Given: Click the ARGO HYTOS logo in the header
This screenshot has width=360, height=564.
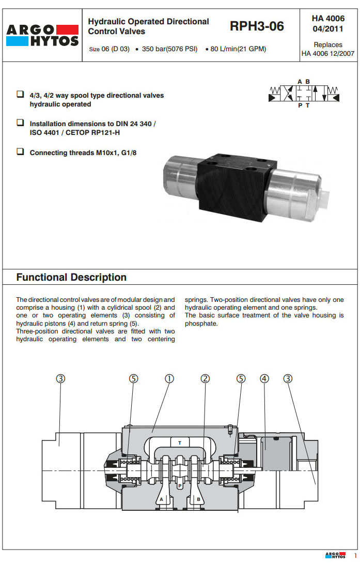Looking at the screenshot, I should click(42, 35).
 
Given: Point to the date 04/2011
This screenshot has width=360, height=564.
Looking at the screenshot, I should click(328, 29).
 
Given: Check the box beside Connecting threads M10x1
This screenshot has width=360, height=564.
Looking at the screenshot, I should click(20, 152).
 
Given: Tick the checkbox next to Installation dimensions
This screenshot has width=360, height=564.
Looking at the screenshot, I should click(20, 124).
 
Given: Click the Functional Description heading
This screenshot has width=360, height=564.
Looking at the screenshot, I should click(71, 277).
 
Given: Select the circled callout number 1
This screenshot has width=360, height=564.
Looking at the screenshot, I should click(169, 378).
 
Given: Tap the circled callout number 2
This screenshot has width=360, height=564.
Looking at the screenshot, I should click(205, 378).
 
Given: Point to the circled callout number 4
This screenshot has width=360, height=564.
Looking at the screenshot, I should click(264, 378).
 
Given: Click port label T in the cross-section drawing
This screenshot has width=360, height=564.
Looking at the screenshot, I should click(180, 443).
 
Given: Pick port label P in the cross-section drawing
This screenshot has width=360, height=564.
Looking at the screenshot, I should click(179, 486).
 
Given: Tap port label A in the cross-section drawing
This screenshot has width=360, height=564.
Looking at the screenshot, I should click(161, 499).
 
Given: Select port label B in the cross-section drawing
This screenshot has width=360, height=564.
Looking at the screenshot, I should click(198, 499).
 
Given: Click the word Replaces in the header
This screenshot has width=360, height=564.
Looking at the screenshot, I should click(328, 45).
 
